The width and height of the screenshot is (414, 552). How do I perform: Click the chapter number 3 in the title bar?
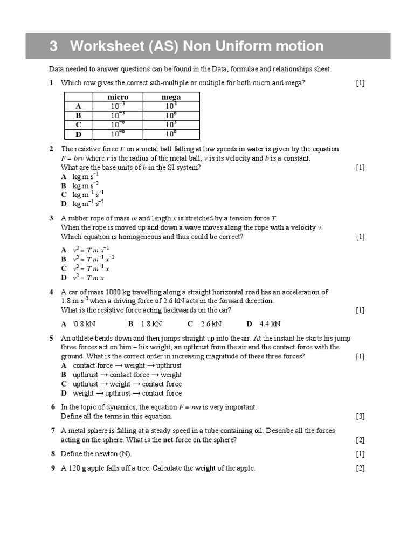(x=53, y=46)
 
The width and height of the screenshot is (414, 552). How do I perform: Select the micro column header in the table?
(x=118, y=97)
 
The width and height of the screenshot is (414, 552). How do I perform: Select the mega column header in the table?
(x=171, y=97)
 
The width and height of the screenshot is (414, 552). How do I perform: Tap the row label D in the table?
(x=78, y=134)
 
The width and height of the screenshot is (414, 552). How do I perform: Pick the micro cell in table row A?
(x=118, y=106)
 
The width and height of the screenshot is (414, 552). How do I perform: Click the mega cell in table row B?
(x=171, y=115)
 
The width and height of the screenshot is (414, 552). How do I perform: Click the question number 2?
(x=51, y=149)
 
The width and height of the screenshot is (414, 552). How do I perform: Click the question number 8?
(x=53, y=454)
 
